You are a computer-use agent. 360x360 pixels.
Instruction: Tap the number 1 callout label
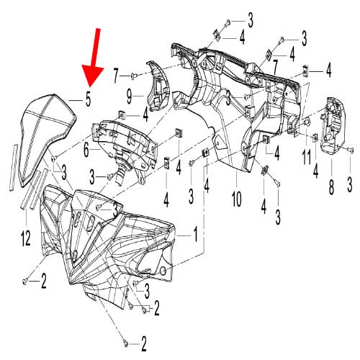click(192, 235)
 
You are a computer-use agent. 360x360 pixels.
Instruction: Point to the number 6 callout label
click(86, 150)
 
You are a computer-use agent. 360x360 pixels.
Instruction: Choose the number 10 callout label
click(236, 195)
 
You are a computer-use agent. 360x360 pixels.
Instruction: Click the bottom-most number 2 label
click(144, 341)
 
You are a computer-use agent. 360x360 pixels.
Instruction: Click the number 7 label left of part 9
click(116, 73)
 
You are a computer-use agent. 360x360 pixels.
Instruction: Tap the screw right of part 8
click(351, 150)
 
